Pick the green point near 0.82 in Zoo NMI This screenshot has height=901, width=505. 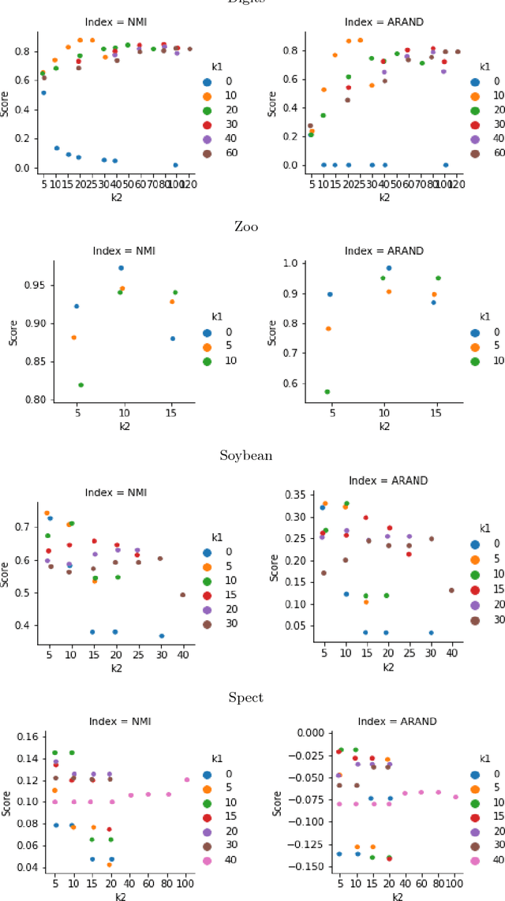point(81,385)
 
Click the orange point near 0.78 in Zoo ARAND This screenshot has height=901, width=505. point(328,328)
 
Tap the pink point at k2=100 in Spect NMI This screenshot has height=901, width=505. point(187,779)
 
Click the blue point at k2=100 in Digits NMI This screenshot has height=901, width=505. point(175,165)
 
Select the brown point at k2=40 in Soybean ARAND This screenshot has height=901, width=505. point(451,590)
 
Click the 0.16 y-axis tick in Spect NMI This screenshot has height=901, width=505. point(26,737)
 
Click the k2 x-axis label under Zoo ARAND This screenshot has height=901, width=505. point(383,425)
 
